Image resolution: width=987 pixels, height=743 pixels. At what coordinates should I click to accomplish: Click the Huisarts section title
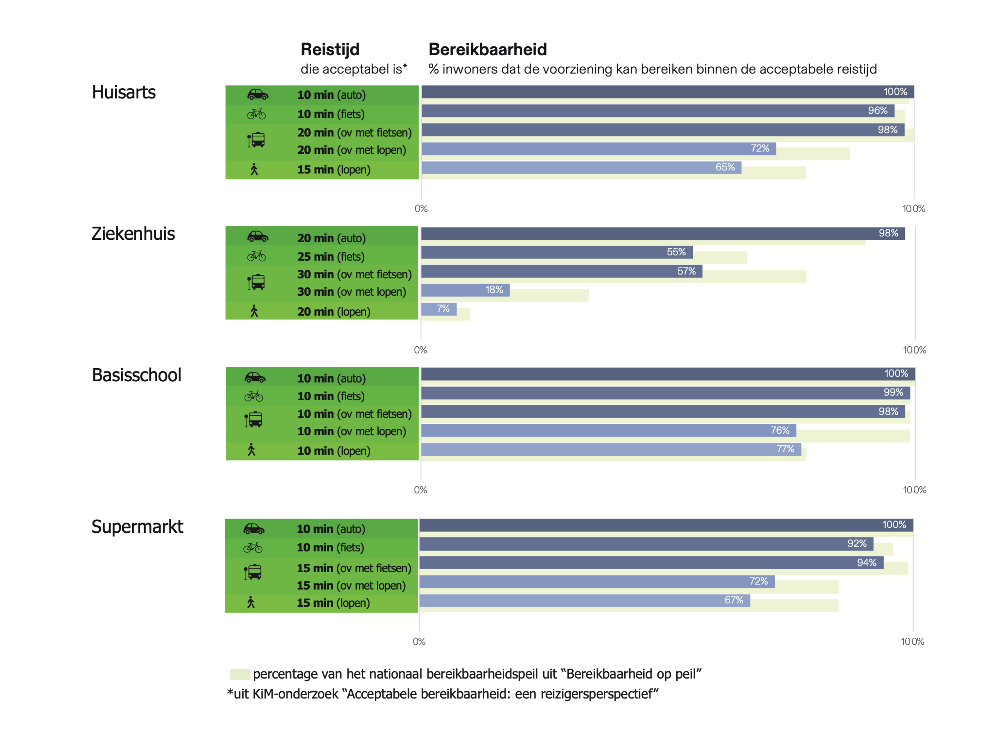pyautogui.click(x=124, y=93)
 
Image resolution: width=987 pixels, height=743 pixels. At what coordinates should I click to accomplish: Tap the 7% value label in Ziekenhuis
pyautogui.click(x=443, y=308)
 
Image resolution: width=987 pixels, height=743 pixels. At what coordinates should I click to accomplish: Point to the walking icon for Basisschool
pyautogui.click(x=252, y=450)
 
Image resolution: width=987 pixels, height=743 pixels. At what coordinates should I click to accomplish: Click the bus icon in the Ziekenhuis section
pyautogui.click(x=256, y=282)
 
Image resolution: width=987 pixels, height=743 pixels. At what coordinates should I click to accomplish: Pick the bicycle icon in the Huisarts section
pyautogui.click(x=256, y=114)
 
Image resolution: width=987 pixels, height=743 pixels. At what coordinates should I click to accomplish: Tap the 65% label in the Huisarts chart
pyautogui.click(x=725, y=167)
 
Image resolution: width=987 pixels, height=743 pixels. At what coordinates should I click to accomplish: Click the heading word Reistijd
pyautogui.click(x=330, y=49)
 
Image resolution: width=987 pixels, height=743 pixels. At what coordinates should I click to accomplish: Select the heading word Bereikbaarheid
pyautogui.click(x=488, y=49)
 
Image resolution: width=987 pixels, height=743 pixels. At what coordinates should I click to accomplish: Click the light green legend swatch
pyautogui.click(x=239, y=674)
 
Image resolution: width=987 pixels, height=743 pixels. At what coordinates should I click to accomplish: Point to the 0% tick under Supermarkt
pyautogui.click(x=419, y=641)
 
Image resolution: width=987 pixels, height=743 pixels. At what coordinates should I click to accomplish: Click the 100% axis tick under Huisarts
pyautogui.click(x=914, y=208)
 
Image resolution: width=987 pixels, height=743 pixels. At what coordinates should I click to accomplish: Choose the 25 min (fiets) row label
pyautogui.click(x=331, y=256)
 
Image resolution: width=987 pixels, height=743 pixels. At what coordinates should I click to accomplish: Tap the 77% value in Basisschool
pyautogui.click(x=785, y=449)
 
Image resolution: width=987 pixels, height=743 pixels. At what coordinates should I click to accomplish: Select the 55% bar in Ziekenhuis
pyautogui.click(x=556, y=252)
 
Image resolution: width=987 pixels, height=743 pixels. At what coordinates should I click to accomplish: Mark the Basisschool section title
pyautogui.click(x=136, y=375)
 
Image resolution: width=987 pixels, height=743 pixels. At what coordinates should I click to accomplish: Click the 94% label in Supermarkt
pyautogui.click(x=867, y=563)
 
